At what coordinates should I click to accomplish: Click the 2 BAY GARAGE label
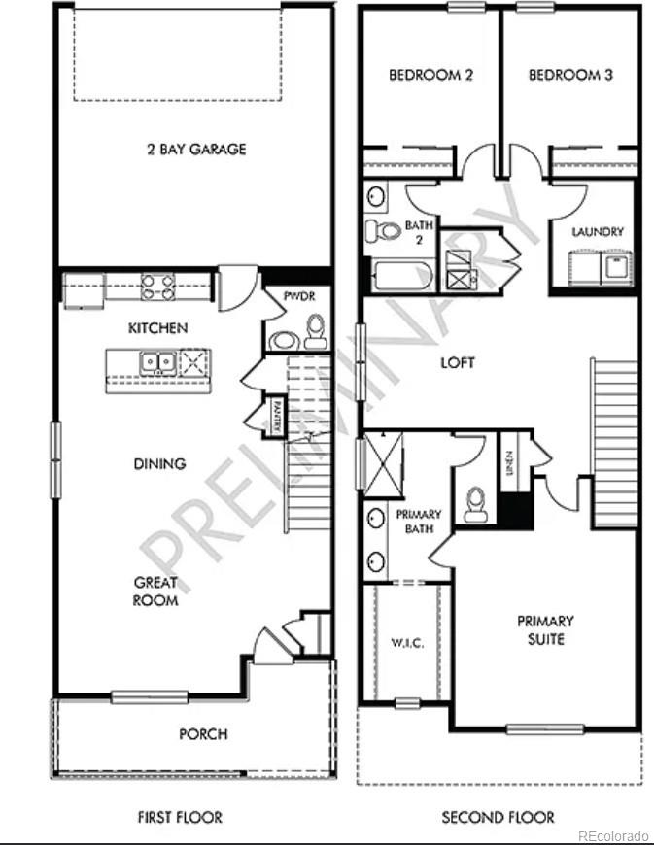[x=195, y=150]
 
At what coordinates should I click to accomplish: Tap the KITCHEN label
[x=158, y=328]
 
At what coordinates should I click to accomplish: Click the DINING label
[x=159, y=464]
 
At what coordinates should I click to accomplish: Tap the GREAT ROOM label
[x=155, y=591]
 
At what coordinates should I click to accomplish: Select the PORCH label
[x=203, y=734]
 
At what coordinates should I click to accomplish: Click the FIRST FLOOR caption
[x=179, y=817]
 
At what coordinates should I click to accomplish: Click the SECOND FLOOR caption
[x=498, y=817]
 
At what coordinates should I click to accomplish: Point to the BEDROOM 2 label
[x=430, y=75]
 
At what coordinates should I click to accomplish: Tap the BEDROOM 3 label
[x=570, y=75]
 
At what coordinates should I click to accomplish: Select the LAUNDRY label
[x=598, y=232]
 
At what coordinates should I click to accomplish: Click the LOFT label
[x=458, y=363]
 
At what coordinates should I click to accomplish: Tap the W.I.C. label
[x=405, y=641]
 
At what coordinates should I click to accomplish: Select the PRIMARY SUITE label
[x=545, y=629]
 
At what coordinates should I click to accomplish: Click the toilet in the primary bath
[x=476, y=503]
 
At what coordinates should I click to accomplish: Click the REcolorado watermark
[x=612, y=835]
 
